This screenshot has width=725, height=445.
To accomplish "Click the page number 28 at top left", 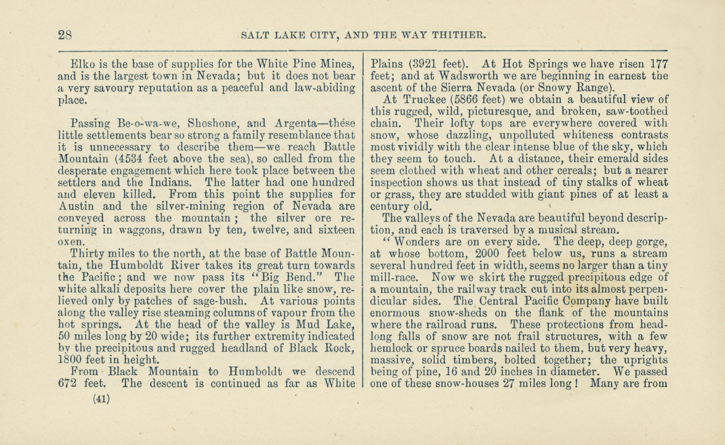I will pos(65,35).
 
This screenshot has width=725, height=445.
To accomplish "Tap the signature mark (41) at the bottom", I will pos(101,399).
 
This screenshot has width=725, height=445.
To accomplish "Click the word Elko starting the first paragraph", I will pos(83,64).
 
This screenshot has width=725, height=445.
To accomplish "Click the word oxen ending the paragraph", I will pos(71,242).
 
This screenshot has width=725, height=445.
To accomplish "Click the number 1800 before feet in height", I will pos(71,360).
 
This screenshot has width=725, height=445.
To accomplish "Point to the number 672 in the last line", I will pos(67,383).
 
